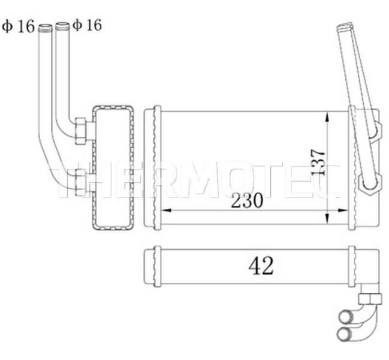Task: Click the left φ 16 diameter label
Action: tap(19, 26)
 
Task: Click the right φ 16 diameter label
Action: tap(87, 25)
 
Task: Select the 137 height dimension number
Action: tap(318, 162)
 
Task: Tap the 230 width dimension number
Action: tap(247, 200)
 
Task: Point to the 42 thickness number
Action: tap(261, 266)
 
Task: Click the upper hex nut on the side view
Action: tap(81, 131)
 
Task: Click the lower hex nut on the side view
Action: tap(80, 182)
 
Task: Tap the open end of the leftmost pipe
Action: tap(45, 28)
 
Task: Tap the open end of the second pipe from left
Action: tap(62, 25)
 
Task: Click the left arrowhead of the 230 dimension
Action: tap(167, 211)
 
